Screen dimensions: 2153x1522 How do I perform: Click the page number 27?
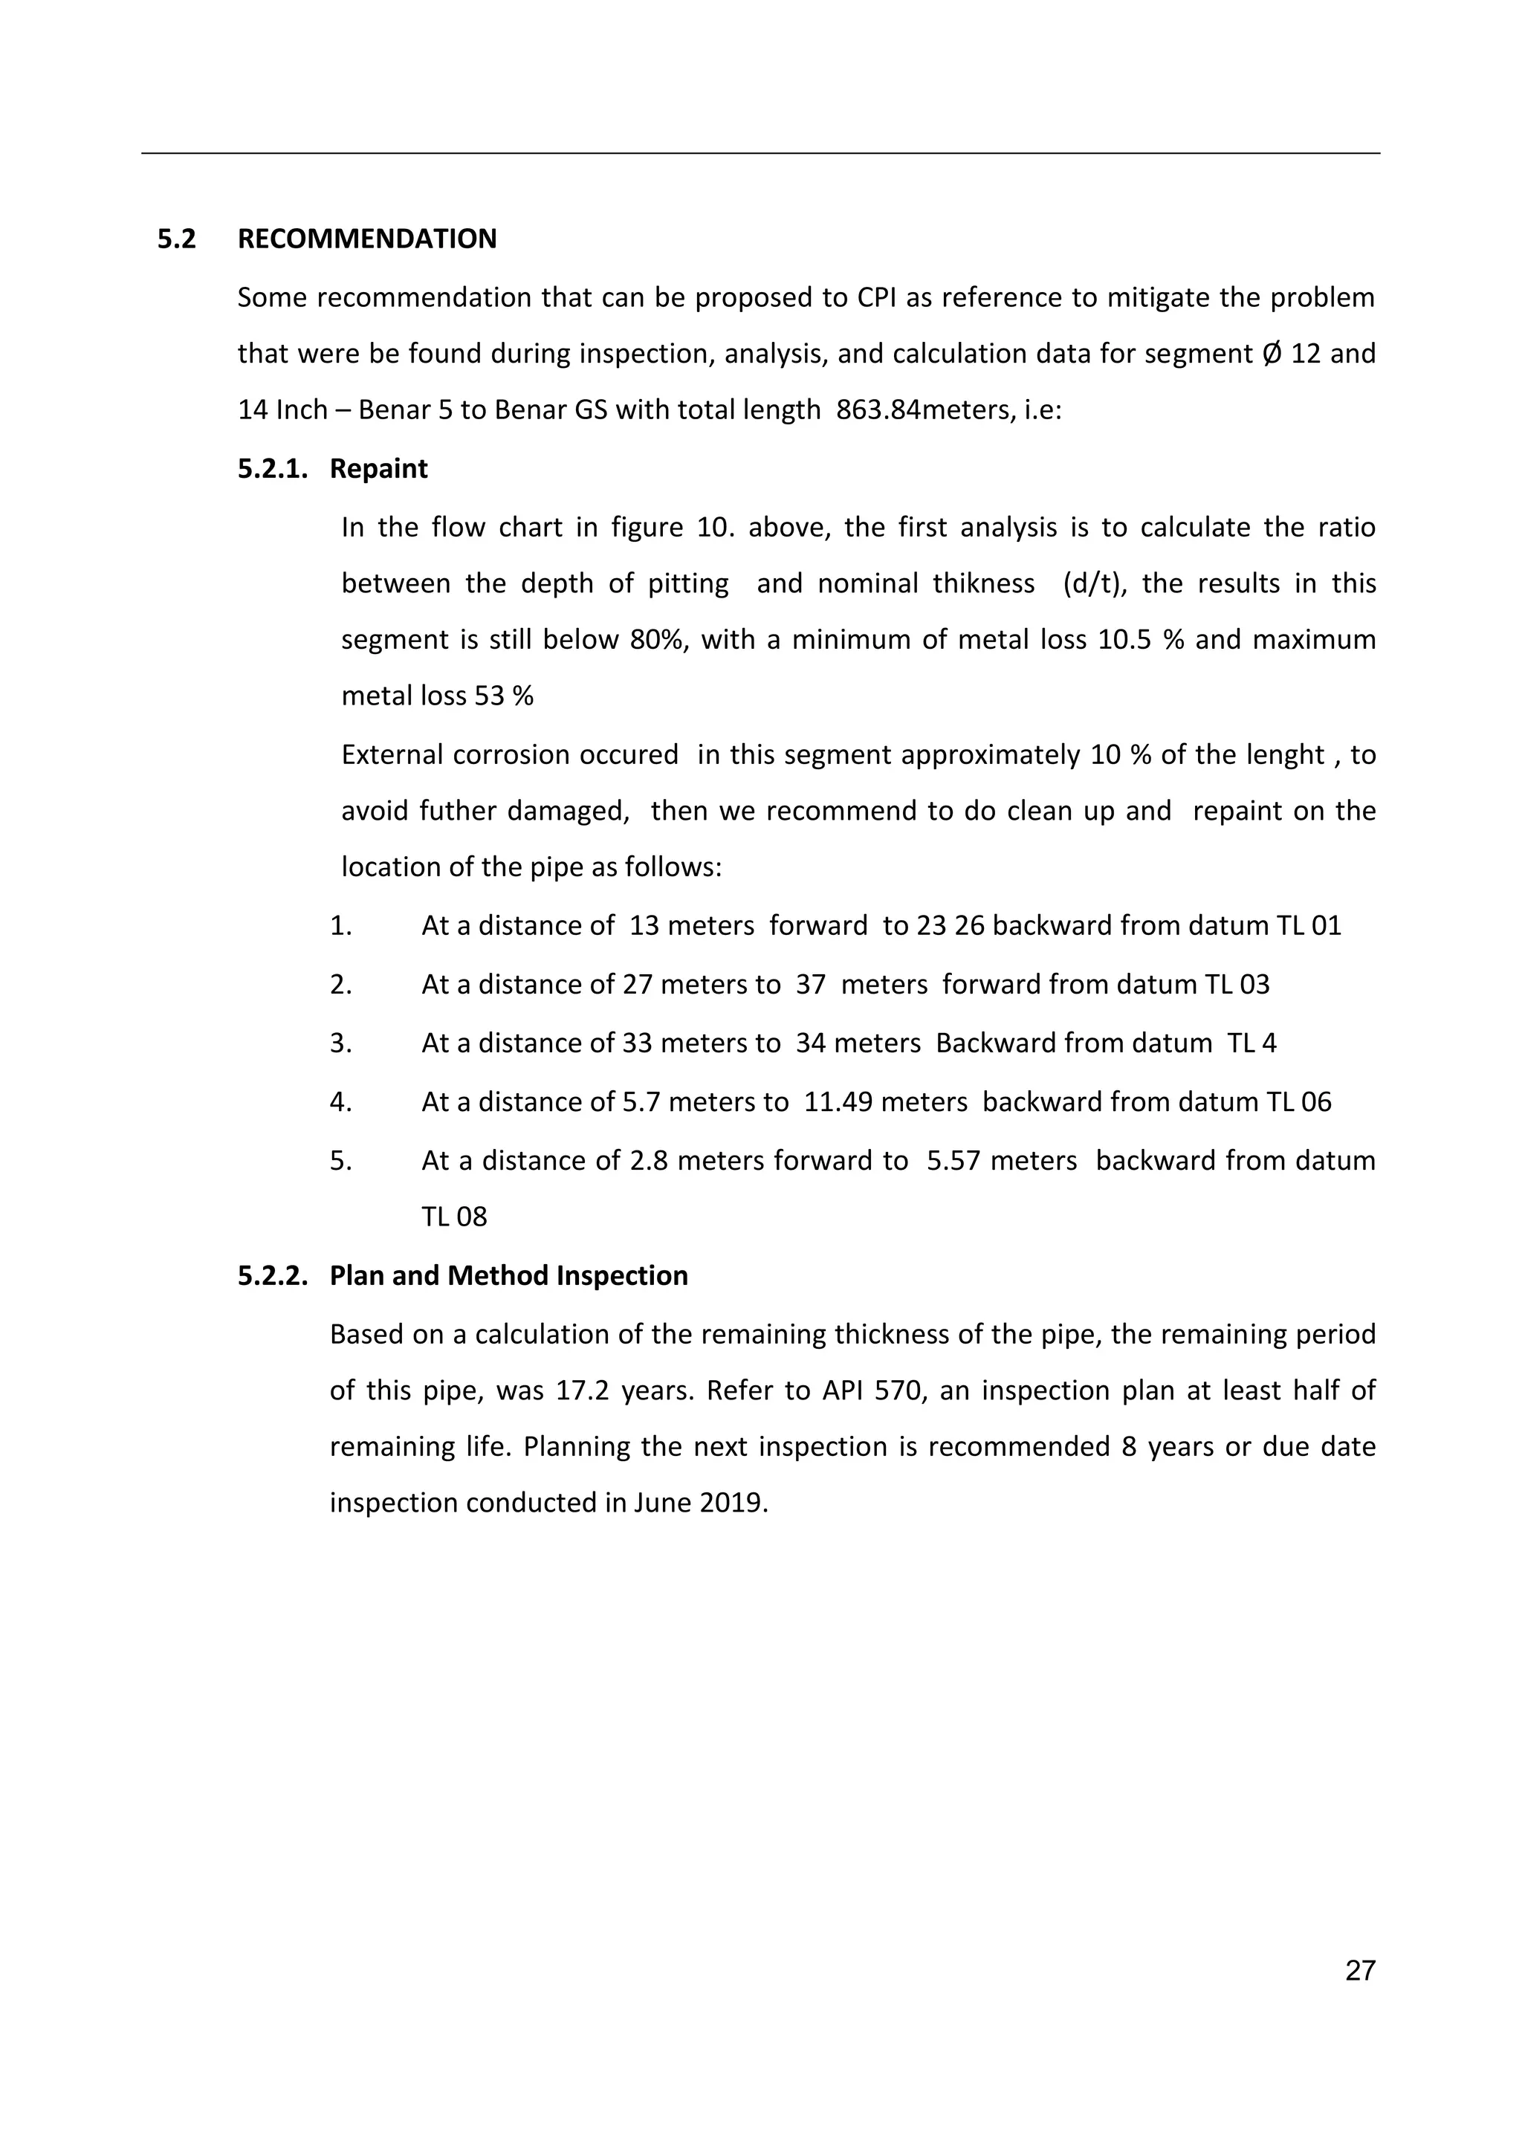(1360, 1970)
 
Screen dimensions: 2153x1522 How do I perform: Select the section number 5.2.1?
(272, 469)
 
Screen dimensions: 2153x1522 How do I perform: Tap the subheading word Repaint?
(378, 469)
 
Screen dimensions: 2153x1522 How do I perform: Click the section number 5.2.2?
(272, 1275)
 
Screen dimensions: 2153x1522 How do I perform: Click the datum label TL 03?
(1238, 985)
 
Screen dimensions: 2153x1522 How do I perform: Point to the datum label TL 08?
(454, 1217)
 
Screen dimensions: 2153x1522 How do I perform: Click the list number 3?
(340, 1043)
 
